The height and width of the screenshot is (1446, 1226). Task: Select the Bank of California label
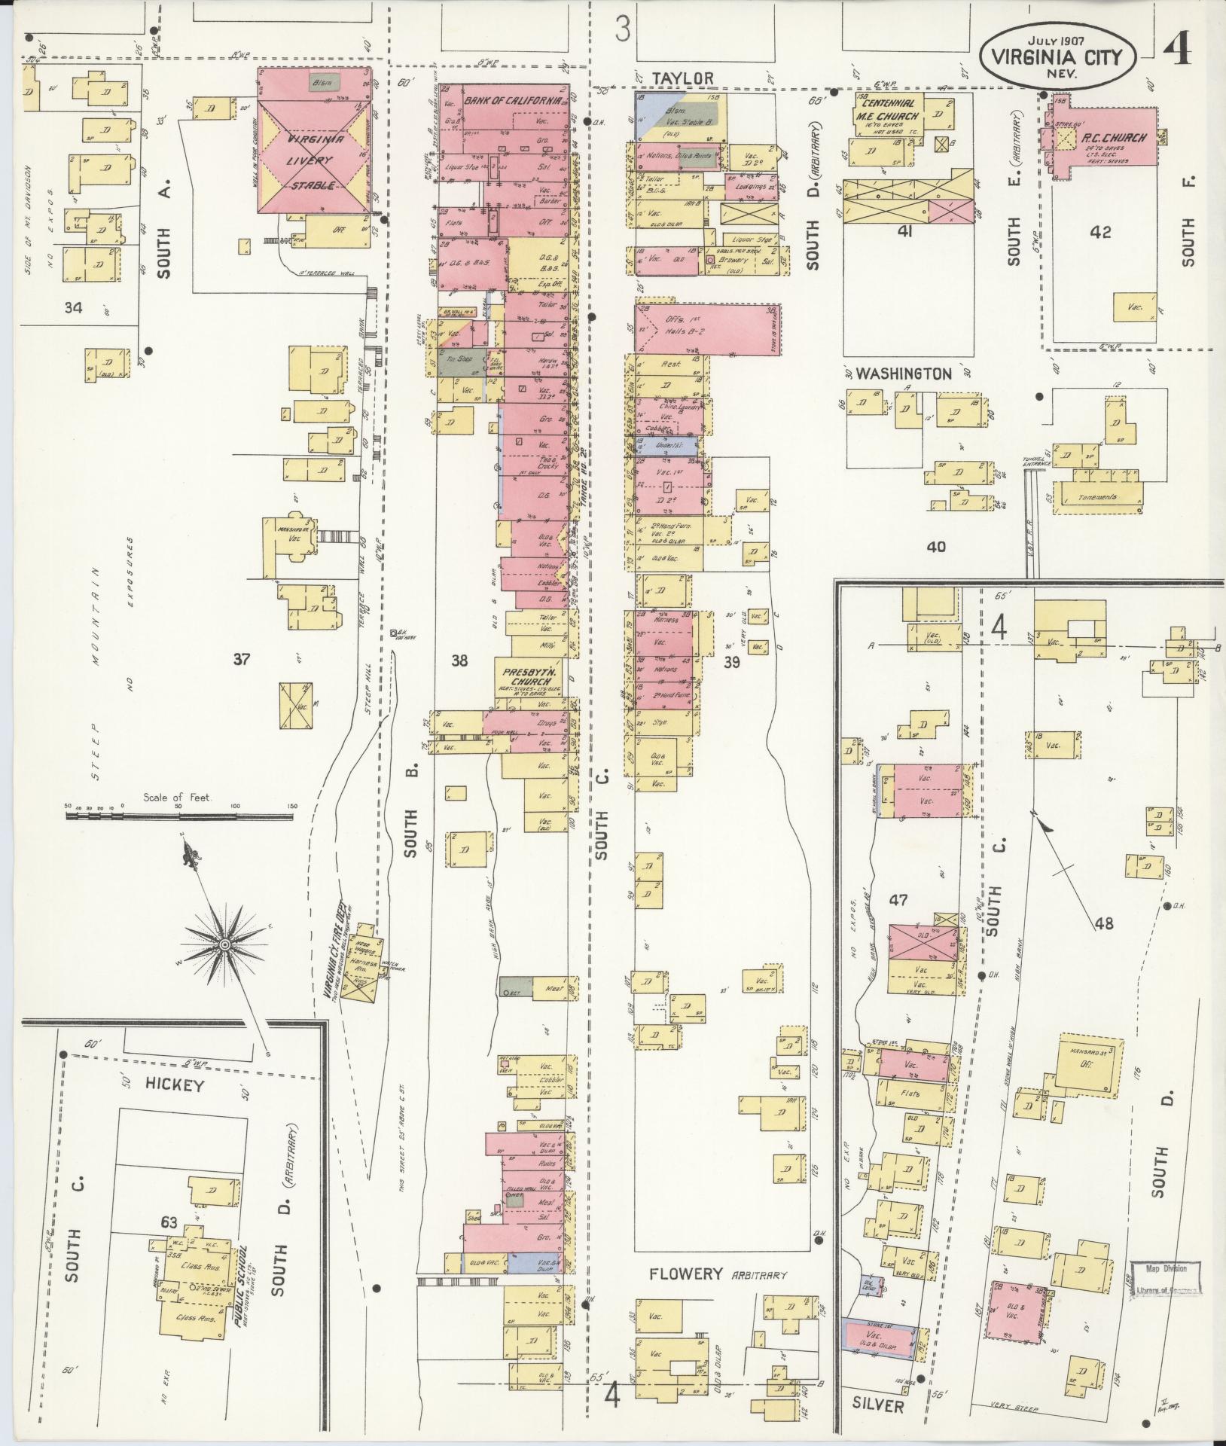pyautogui.click(x=511, y=99)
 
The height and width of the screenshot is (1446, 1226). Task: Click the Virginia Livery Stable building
pyautogui.click(x=314, y=161)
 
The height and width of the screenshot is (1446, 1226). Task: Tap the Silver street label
pyautogui.click(x=877, y=1405)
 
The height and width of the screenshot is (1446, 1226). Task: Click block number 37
pyautogui.click(x=241, y=660)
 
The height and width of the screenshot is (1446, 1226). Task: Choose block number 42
pyautogui.click(x=1101, y=233)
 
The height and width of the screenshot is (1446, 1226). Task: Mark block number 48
pyautogui.click(x=1104, y=923)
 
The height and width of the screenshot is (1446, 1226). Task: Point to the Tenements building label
pyautogui.click(x=1097, y=498)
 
